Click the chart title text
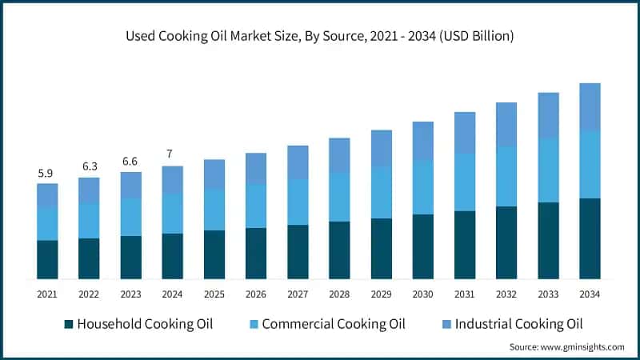tap(320, 36)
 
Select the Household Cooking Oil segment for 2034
tap(590, 238)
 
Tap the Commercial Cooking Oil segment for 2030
tap(422, 187)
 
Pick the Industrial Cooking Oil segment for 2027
tap(298, 162)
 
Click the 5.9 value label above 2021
tap(46, 173)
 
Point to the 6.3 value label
tap(89, 166)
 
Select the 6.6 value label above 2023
tap(130, 162)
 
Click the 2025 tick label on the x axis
tap(214, 294)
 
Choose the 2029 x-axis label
tap(381, 294)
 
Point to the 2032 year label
tap(506, 294)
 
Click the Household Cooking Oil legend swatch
tap(69, 324)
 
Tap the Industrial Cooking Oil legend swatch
tap(446, 324)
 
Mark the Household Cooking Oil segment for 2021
tap(47, 259)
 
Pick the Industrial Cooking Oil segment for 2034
tap(590, 107)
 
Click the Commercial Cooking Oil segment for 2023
tap(130, 217)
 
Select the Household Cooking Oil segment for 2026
tap(256, 253)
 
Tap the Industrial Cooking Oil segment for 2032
tap(506, 125)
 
